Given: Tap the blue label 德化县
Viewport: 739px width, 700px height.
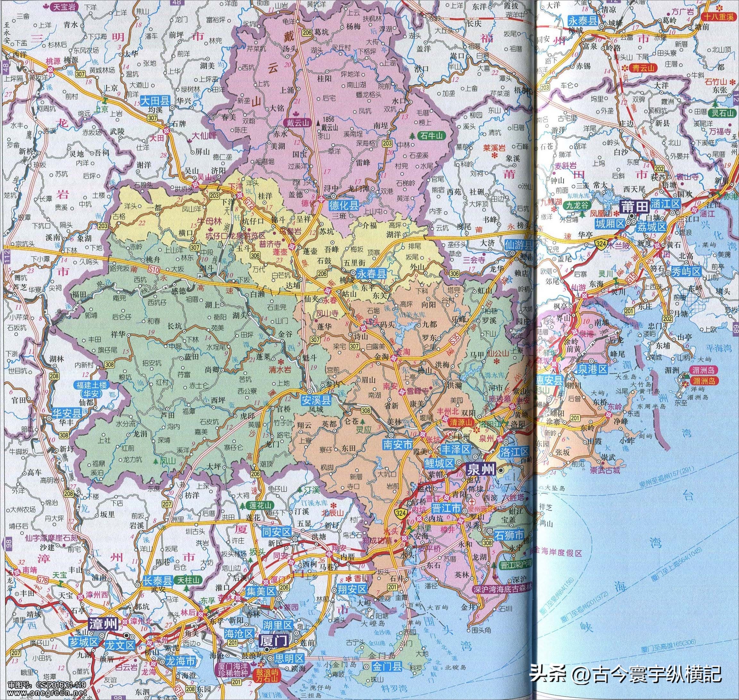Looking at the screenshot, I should (343, 205).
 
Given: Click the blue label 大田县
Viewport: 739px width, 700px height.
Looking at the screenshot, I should (155, 100).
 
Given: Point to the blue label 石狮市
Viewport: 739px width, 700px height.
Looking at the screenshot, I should (509, 535).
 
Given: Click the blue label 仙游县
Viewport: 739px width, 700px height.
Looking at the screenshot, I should (518, 246).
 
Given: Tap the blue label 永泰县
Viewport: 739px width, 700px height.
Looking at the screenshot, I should (582, 21).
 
